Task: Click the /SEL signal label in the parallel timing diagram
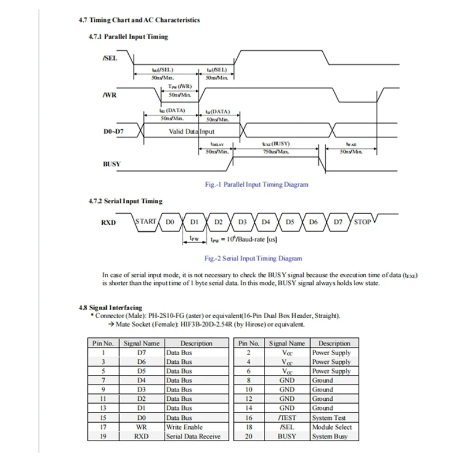point(110,58)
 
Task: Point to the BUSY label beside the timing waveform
point(111,163)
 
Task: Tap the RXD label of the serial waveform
point(108,222)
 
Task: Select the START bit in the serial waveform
point(146,221)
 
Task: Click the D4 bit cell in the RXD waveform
point(266,222)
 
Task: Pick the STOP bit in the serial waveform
point(362,222)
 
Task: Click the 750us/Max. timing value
point(275,151)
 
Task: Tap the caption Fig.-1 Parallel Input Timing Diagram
point(257,185)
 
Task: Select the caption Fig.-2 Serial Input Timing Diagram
point(254,259)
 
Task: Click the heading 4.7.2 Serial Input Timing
point(125,201)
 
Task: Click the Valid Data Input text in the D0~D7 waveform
point(191,132)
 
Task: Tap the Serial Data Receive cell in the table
point(193,436)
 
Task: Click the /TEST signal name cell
point(287,418)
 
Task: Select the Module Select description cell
point(331,427)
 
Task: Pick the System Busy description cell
point(330,436)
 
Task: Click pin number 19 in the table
point(103,436)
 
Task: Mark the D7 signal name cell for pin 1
point(141,352)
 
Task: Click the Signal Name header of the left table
point(141,343)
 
